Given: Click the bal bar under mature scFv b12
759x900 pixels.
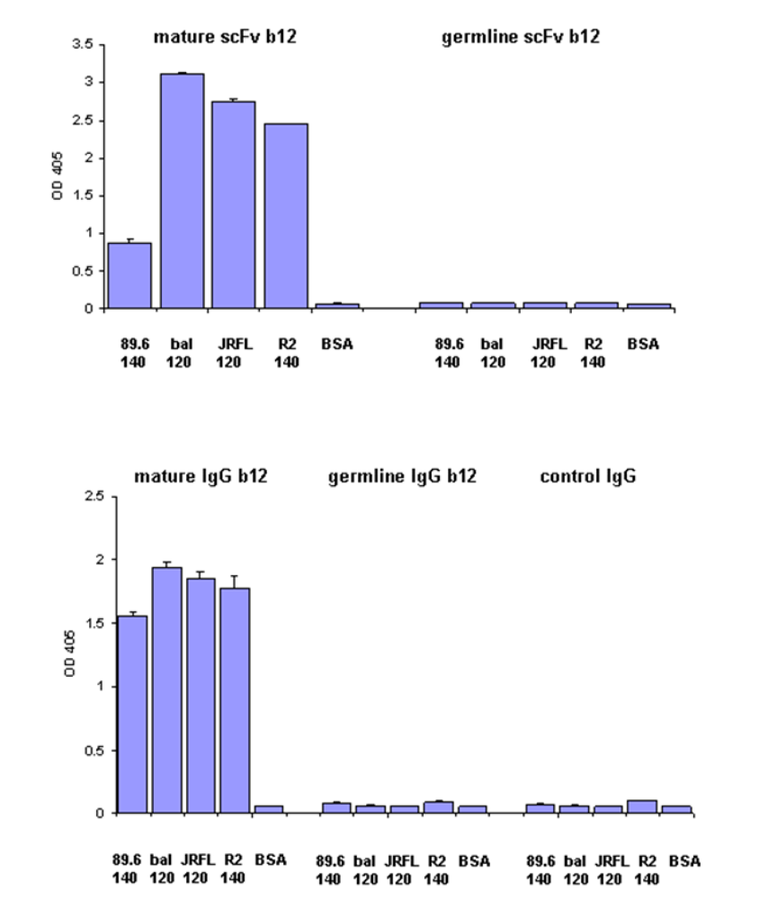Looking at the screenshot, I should coord(182,191).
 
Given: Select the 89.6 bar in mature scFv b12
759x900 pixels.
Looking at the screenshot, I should coord(129,275).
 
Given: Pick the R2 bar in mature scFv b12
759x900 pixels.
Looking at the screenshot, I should coord(286,216).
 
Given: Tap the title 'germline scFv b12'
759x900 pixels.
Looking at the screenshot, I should coord(520,37).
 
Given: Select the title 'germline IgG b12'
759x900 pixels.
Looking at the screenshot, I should coord(402,476).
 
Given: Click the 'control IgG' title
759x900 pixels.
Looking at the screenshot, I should coord(587,476).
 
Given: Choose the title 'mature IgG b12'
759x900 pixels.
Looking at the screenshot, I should coord(201,476).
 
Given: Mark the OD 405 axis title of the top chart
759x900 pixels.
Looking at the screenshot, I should coord(57,176).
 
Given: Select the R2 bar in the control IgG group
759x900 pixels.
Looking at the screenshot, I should coord(642,806).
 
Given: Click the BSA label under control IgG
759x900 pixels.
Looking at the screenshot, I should coord(683,860).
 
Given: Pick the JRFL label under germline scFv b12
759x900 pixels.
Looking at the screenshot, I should coord(545,344).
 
